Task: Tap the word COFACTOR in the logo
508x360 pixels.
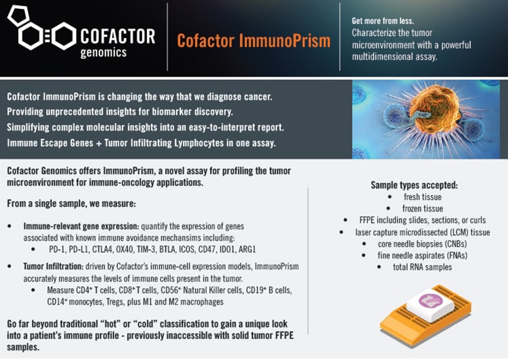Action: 118,37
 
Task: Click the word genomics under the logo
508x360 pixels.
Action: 104,52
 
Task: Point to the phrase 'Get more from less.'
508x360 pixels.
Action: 383,21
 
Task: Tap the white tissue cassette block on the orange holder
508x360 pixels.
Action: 430,305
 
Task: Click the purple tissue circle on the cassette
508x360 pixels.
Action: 431,300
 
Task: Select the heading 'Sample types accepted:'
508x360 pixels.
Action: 415,185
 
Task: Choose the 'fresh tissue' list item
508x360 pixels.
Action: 423,197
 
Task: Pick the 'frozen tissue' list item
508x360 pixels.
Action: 423,209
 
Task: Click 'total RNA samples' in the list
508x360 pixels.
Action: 422,267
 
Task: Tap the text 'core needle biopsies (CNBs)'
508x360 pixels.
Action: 422,244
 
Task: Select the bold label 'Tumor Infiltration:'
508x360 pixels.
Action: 54,266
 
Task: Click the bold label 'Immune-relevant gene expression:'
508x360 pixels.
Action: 81,226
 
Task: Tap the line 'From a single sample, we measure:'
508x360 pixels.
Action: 71,203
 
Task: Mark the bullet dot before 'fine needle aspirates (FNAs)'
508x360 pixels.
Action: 364,256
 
